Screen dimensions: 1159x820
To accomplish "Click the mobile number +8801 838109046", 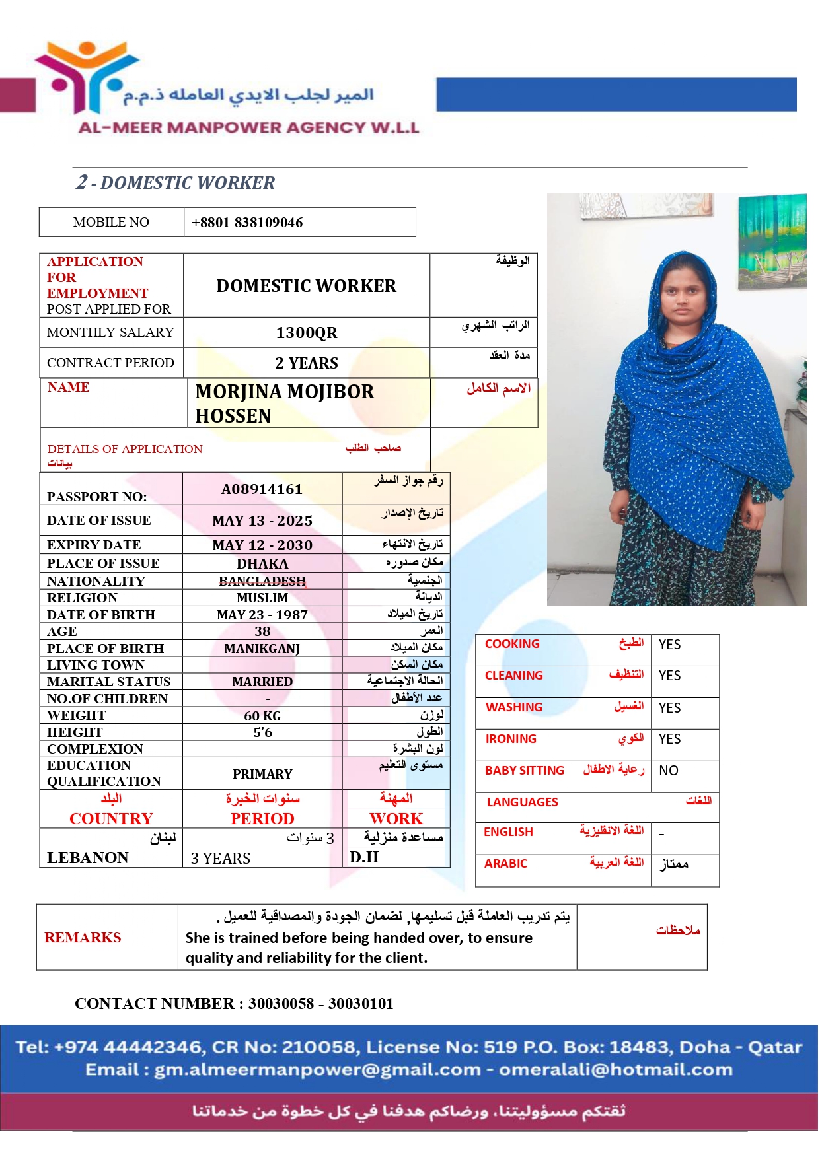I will pos(247,223).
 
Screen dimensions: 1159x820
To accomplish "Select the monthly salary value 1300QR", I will pos(307,333).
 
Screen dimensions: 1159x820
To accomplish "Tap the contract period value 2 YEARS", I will pos(307,363).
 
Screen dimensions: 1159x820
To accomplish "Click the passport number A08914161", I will pos(262,489).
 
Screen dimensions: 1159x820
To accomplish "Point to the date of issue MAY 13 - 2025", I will pos(262,521).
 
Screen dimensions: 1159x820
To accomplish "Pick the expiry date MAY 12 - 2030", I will pos(262,545).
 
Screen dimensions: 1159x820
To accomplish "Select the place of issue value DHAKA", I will pos(262,564).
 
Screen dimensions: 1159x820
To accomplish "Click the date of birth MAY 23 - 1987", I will pos(262,615).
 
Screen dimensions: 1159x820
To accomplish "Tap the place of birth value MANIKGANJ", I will pos(262,649).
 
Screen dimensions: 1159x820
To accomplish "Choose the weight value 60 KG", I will pos(262,716).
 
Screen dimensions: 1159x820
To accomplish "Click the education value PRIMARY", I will pos(262,774).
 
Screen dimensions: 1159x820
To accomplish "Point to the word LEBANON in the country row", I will pos(88,858).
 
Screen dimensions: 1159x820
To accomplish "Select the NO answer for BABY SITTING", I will pos(669,771).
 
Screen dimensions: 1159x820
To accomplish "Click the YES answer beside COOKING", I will pos(669,645).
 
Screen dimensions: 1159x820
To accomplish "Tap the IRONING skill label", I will pos(511,739).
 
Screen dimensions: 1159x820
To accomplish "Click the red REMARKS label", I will pos(83,938).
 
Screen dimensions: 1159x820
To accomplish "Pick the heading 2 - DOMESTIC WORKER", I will pos(176,182).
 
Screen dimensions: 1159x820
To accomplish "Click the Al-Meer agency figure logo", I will pos(86,76).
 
